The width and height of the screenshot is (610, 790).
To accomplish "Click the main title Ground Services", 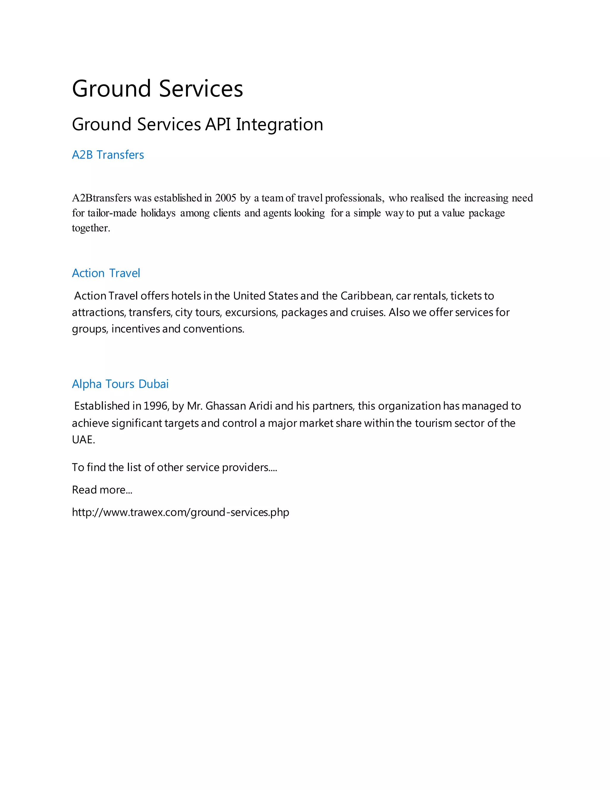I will coord(157,89).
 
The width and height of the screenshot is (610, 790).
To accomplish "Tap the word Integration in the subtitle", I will coord(279,124).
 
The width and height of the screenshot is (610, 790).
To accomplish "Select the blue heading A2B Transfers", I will coord(108,155).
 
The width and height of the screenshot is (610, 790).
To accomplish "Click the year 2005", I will coord(225,198).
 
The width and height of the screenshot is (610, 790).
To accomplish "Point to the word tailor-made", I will coord(112,213).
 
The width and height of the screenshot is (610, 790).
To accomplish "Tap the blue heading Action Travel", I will coord(106,273).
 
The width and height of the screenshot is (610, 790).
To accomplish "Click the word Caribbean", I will coord(366,296).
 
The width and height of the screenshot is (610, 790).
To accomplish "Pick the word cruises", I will coord(368,312).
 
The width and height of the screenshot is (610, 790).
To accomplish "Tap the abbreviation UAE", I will coord(83,440).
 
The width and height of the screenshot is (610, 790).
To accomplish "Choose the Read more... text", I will coord(102,490).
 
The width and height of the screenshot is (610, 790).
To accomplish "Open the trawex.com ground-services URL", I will coord(180,512).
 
